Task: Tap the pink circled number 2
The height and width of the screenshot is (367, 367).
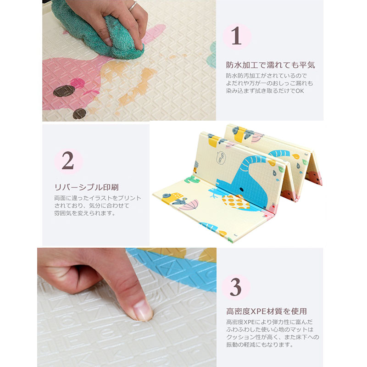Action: (x=68, y=161)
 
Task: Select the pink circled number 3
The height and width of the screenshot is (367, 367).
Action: (x=236, y=287)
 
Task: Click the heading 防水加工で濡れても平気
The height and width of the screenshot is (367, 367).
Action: (x=270, y=65)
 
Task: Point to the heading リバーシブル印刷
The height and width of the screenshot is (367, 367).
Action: (x=86, y=187)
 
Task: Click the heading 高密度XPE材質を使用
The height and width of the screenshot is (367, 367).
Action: (x=267, y=311)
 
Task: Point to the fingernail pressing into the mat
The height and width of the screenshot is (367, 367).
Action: (x=143, y=311)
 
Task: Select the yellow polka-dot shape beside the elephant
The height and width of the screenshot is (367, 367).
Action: (x=233, y=202)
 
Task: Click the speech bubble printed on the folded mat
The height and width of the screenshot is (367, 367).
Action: (x=221, y=158)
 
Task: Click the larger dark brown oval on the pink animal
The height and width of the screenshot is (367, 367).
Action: (x=64, y=91)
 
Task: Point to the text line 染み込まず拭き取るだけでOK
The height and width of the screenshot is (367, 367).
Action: (x=265, y=91)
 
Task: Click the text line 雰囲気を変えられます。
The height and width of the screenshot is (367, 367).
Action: (x=85, y=213)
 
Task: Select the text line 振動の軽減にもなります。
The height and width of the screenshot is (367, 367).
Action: (x=260, y=345)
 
